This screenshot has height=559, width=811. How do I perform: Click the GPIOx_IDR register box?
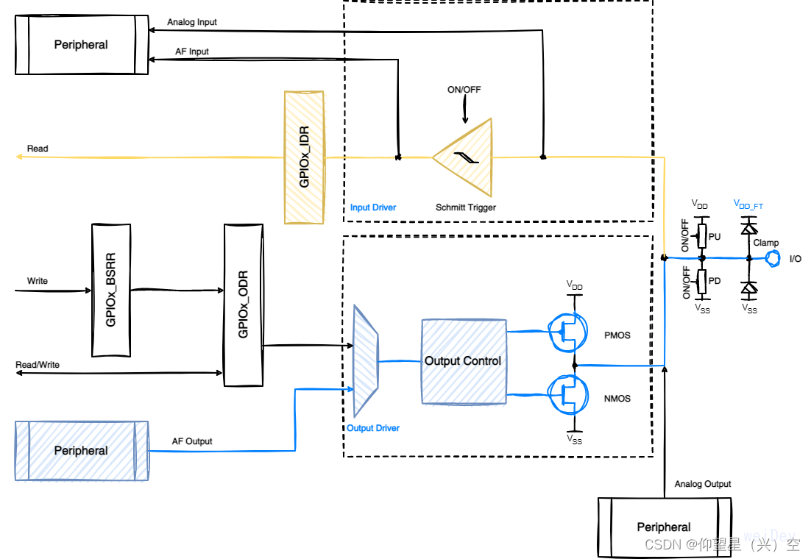[304, 157]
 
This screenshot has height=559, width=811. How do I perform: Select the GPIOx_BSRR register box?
[111, 291]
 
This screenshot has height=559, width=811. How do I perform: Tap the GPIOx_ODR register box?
[243, 305]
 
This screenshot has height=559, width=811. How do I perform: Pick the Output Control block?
[463, 361]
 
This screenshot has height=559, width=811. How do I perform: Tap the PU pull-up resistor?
[702, 236]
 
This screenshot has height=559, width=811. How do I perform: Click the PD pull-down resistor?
[702, 281]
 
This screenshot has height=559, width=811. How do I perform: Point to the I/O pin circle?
[773, 258]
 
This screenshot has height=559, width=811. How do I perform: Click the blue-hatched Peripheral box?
[82, 450]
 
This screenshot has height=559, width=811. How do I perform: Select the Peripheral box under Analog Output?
[664, 527]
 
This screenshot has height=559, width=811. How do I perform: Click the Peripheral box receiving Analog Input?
[82, 45]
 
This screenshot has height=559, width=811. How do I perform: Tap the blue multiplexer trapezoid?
[366, 360]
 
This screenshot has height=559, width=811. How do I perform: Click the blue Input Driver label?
[373, 208]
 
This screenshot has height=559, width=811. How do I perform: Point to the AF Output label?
[192, 441]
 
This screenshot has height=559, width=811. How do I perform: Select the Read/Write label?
[38, 365]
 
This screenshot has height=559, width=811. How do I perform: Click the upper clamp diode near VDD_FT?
[749, 227]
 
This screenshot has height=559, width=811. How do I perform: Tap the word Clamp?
[765, 243]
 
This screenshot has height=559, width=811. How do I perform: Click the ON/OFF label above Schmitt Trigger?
[464, 90]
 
